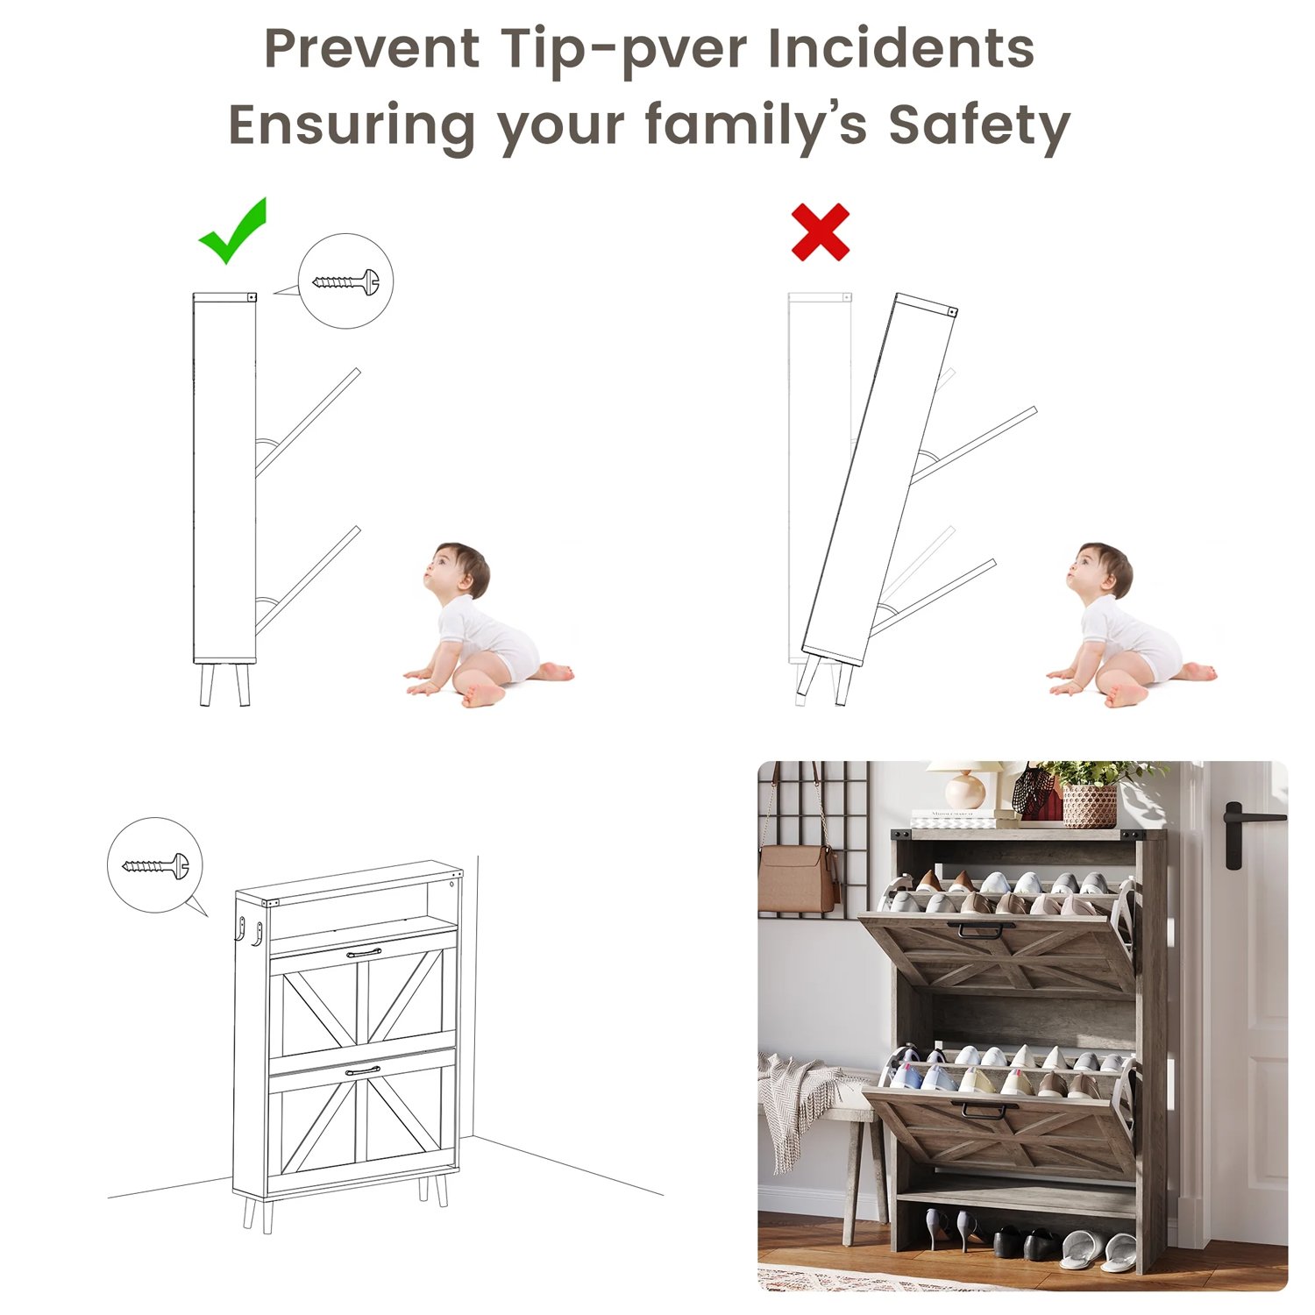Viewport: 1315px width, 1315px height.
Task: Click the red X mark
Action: point(821,232)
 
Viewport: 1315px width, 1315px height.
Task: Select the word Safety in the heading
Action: point(979,124)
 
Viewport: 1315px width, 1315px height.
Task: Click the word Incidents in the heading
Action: point(901,47)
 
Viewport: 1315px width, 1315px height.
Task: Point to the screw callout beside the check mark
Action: point(345,281)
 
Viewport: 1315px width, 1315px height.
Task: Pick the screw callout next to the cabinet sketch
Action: point(155,866)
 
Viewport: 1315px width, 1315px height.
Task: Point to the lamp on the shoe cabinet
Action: point(967,785)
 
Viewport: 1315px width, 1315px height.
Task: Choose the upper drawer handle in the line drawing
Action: point(364,952)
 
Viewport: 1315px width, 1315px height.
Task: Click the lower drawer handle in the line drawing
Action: point(363,1070)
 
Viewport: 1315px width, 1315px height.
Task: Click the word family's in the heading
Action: point(756,125)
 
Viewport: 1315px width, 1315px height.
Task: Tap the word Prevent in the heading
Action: point(373,48)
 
